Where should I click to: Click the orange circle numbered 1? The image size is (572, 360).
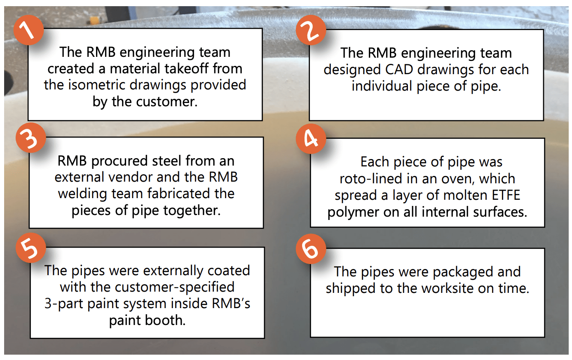click(28, 30)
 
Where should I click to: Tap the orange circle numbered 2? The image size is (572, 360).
click(311, 30)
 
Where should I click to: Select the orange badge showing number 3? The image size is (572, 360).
click(30, 138)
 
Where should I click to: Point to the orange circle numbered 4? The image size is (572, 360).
click(311, 138)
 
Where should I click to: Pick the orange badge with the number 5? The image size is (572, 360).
click(30, 248)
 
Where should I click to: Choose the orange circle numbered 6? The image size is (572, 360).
click(311, 249)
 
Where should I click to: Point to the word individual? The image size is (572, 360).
click(382, 86)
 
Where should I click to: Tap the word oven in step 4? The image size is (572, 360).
click(461, 179)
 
